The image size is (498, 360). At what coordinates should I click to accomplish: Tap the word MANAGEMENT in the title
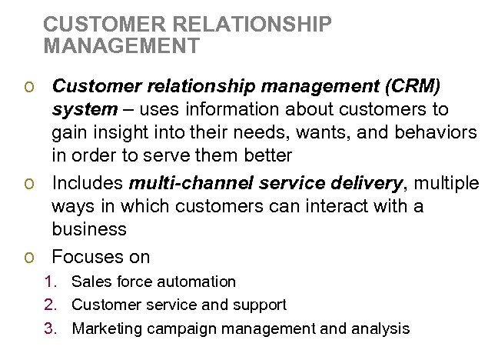pos(121,46)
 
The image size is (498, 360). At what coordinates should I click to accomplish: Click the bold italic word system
pos(84,109)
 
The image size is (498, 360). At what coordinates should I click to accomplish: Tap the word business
pos(89,229)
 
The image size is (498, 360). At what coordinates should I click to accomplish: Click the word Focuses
pos(86,256)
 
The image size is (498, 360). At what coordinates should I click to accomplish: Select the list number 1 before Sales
pos(50,282)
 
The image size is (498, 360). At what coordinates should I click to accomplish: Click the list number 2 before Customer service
pos(50,305)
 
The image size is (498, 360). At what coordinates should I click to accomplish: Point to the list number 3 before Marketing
pos(50,328)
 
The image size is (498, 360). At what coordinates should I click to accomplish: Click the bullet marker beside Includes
pos(28,184)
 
